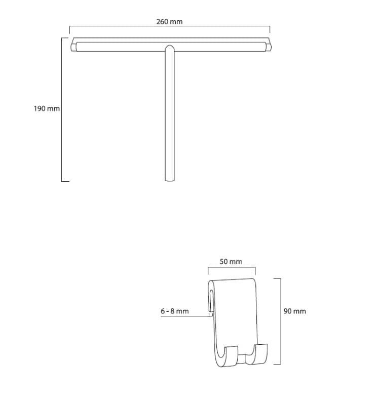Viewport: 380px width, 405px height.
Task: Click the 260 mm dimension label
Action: (169, 22)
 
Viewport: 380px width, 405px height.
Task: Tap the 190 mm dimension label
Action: (47, 108)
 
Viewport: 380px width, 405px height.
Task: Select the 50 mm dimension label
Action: (231, 262)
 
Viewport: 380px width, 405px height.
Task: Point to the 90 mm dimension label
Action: (295, 311)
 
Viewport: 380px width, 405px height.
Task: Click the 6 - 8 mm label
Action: (175, 311)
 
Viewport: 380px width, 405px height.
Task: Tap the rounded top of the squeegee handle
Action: (170, 48)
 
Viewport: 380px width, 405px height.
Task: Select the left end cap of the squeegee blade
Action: (74, 47)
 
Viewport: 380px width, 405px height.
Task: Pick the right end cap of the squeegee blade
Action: (269, 47)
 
